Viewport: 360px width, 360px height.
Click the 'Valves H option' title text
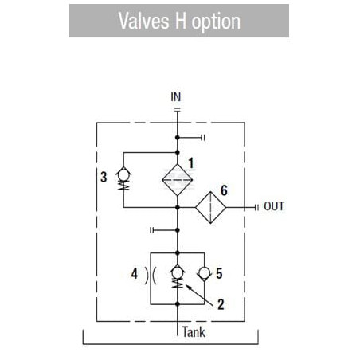click(x=179, y=21)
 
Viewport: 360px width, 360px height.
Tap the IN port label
click(x=176, y=97)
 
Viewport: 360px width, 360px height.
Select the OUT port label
click(x=274, y=206)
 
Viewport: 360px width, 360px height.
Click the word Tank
click(x=194, y=332)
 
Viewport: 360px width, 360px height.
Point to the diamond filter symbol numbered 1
click(x=178, y=180)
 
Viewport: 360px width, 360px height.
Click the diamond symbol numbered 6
click(x=211, y=207)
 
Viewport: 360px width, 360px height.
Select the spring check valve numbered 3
click(x=123, y=178)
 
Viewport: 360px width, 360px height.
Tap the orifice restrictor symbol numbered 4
click(x=151, y=276)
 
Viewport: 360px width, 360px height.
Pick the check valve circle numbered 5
click(x=205, y=273)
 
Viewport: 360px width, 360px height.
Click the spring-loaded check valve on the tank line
click(x=178, y=277)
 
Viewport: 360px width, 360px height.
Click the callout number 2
click(x=221, y=304)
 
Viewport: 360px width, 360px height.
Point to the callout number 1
click(x=191, y=163)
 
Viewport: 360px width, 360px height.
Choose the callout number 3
click(x=104, y=177)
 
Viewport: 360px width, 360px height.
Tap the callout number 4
click(x=135, y=273)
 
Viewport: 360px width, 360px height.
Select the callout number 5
click(x=219, y=274)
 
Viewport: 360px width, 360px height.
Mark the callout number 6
click(x=225, y=190)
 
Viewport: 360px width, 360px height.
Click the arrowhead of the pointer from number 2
click(x=187, y=286)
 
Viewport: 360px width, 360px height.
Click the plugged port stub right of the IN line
click(x=191, y=138)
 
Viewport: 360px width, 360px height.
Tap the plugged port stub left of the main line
click(x=164, y=230)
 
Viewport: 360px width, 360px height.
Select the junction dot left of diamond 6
click(x=178, y=207)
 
